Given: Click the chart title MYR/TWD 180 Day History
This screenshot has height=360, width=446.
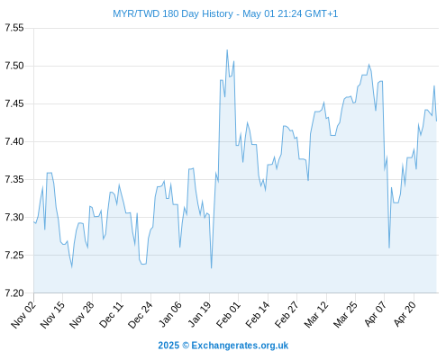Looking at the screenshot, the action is click(x=173, y=13).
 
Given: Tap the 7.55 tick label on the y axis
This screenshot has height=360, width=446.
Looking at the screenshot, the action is click(x=14, y=28).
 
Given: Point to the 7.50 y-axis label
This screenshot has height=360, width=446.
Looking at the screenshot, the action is click(x=14, y=66).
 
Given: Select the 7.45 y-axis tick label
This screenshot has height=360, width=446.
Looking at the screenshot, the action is click(x=14, y=103).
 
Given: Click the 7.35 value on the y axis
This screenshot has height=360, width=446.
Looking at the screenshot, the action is click(x=14, y=179).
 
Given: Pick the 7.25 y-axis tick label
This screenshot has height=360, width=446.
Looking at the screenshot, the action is click(x=14, y=255).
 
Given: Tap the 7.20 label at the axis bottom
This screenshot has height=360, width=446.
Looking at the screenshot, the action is click(x=14, y=292).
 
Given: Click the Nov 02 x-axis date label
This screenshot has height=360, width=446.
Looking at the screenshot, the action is click(x=23, y=315).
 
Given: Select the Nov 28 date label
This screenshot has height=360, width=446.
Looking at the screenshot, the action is click(x=82, y=315).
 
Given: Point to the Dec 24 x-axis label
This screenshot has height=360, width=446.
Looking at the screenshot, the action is click(x=141, y=315).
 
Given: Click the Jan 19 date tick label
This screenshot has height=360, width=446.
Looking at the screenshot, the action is click(x=199, y=315).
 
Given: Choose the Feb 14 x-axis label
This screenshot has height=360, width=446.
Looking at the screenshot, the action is click(x=257, y=315).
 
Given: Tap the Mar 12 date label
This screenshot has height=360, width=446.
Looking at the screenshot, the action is click(x=315, y=315).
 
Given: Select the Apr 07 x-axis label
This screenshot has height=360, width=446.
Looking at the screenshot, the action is click(x=375, y=315).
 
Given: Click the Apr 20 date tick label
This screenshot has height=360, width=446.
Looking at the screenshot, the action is click(x=404, y=315).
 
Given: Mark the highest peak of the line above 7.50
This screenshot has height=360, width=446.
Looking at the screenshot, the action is click(x=227, y=50).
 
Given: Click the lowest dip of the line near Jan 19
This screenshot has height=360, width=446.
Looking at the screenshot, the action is click(x=211, y=268).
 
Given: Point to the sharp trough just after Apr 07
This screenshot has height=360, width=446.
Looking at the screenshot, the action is click(x=389, y=247).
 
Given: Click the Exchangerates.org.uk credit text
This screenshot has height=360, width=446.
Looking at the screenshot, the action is click(x=240, y=346).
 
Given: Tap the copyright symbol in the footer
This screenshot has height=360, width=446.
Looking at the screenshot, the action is click(x=186, y=346).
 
